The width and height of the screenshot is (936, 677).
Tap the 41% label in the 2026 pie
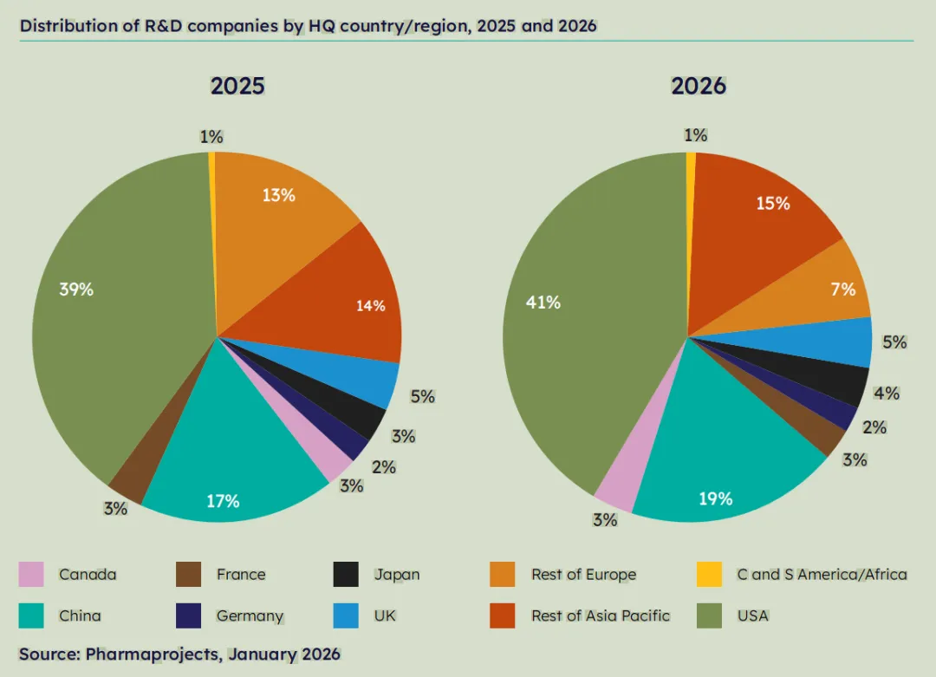tap(543, 303)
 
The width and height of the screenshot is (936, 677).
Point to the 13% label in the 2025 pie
tap(279, 195)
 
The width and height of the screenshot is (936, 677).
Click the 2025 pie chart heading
tap(237, 87)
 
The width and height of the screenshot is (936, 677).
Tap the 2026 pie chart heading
tap(698, 87)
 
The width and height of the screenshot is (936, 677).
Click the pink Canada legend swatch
tap(31, 574)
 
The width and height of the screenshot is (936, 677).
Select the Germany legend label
tap(250, 615)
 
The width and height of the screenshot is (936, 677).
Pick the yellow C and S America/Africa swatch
tap(710, 574)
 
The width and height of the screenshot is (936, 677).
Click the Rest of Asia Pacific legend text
tap(601, 615)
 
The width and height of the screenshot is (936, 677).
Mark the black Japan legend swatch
tap(346, 574)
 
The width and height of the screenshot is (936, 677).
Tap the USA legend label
tap(752, 615)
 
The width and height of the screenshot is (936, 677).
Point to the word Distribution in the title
tap(62, 25)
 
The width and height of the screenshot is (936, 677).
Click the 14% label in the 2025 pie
tap(371, 305)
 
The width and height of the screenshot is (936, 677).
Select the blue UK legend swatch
tap(346, 615)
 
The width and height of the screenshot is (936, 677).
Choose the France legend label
tap(241, 574)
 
